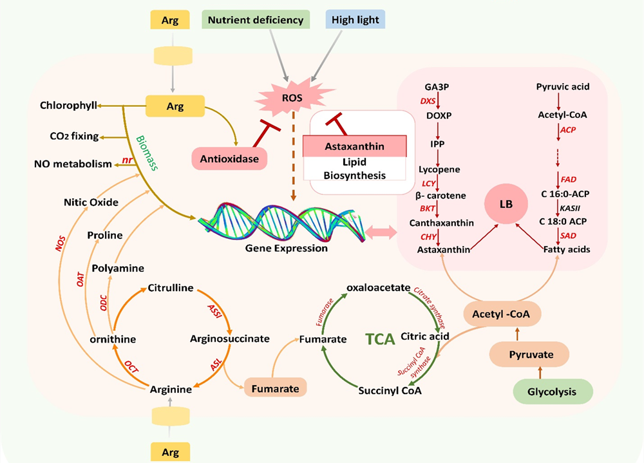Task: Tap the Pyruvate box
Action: (529, 354)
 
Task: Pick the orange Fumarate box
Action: (274, 388)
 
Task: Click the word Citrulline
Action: (171, 288)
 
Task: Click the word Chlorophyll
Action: (68, 105)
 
